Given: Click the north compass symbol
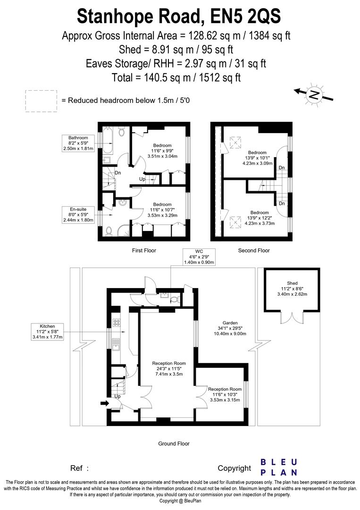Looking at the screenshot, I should point(314,94).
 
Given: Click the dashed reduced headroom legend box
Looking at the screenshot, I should point(41,101).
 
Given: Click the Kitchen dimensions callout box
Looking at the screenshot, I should point(47,331).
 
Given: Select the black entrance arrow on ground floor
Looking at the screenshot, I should point(104,403).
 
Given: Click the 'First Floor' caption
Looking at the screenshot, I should point(144,250).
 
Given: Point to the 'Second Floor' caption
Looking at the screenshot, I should point(254,250).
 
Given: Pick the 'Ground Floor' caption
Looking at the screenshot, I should point(174,443).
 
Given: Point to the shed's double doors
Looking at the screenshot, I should point(292,318).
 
